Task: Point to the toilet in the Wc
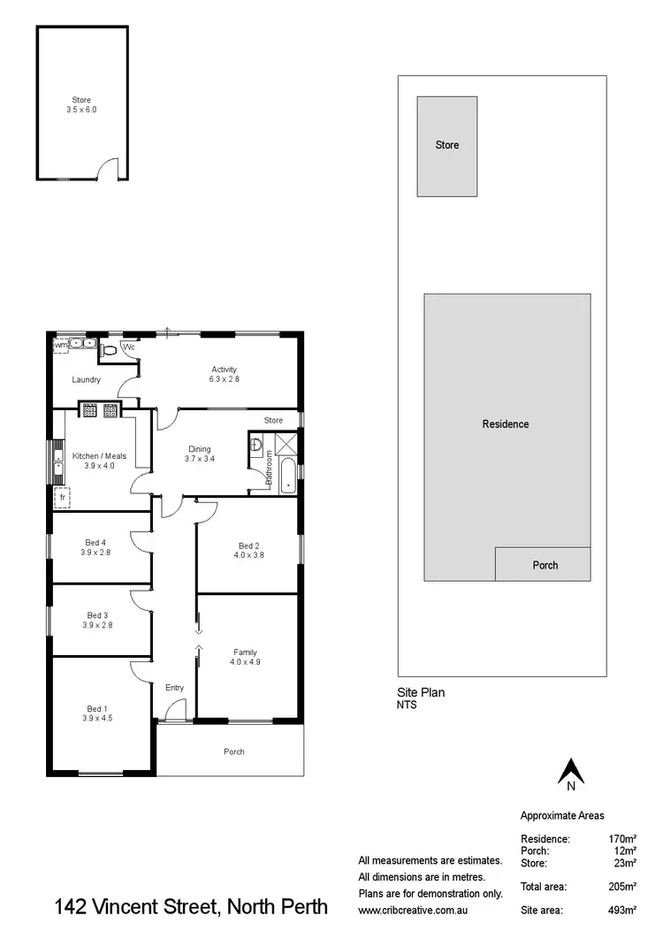pos(110,350)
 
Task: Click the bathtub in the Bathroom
pos(289,477)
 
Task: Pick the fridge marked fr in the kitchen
pos(63,498)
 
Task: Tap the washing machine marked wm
pos(61,345)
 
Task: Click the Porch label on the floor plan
pos(233,751)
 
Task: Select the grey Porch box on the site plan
pos(542,564)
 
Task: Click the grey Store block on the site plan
pos(447,146)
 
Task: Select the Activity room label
pos(225,370)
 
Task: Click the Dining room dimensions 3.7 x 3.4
pos(199,459)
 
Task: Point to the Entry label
pos(174,687)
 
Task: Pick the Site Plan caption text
pos(421,693)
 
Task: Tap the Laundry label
pos(86,380)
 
